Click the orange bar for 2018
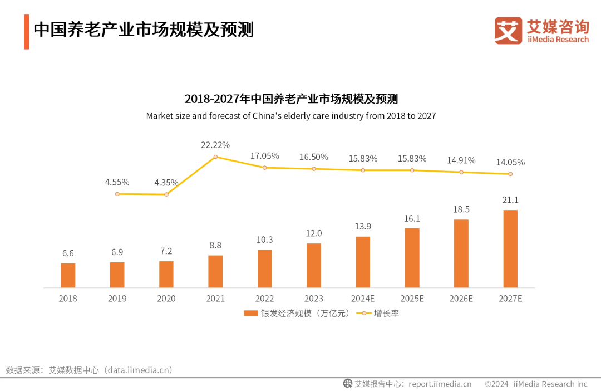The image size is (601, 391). [x=68, y=275]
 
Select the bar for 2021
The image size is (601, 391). [x=215, y=271]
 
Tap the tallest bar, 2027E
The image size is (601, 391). [x=510, y=248]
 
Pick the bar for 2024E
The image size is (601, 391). [x=363, y=262]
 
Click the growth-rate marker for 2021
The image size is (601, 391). [x=215, y=157]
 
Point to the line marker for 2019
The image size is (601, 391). [x=117, y=194]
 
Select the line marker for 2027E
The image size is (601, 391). [x=510, y=174]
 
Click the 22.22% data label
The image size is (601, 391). [x=215, y=145]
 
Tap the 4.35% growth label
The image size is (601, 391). [x=166, y=182]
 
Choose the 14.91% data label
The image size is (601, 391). [x=461, y=160]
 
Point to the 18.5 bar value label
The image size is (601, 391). [x=461, y=209]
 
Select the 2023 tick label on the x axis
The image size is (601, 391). [x=313, y=299]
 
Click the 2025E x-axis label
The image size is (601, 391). [x=412, y=299]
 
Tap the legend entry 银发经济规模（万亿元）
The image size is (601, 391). [x=297, y=313]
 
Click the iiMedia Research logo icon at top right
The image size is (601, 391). [x=508, y=31]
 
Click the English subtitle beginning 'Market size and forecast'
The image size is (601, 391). [x=290, y=116]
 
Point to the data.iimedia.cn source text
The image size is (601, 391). [x=140, y=370]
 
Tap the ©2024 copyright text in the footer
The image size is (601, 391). [x=496, y=384]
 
